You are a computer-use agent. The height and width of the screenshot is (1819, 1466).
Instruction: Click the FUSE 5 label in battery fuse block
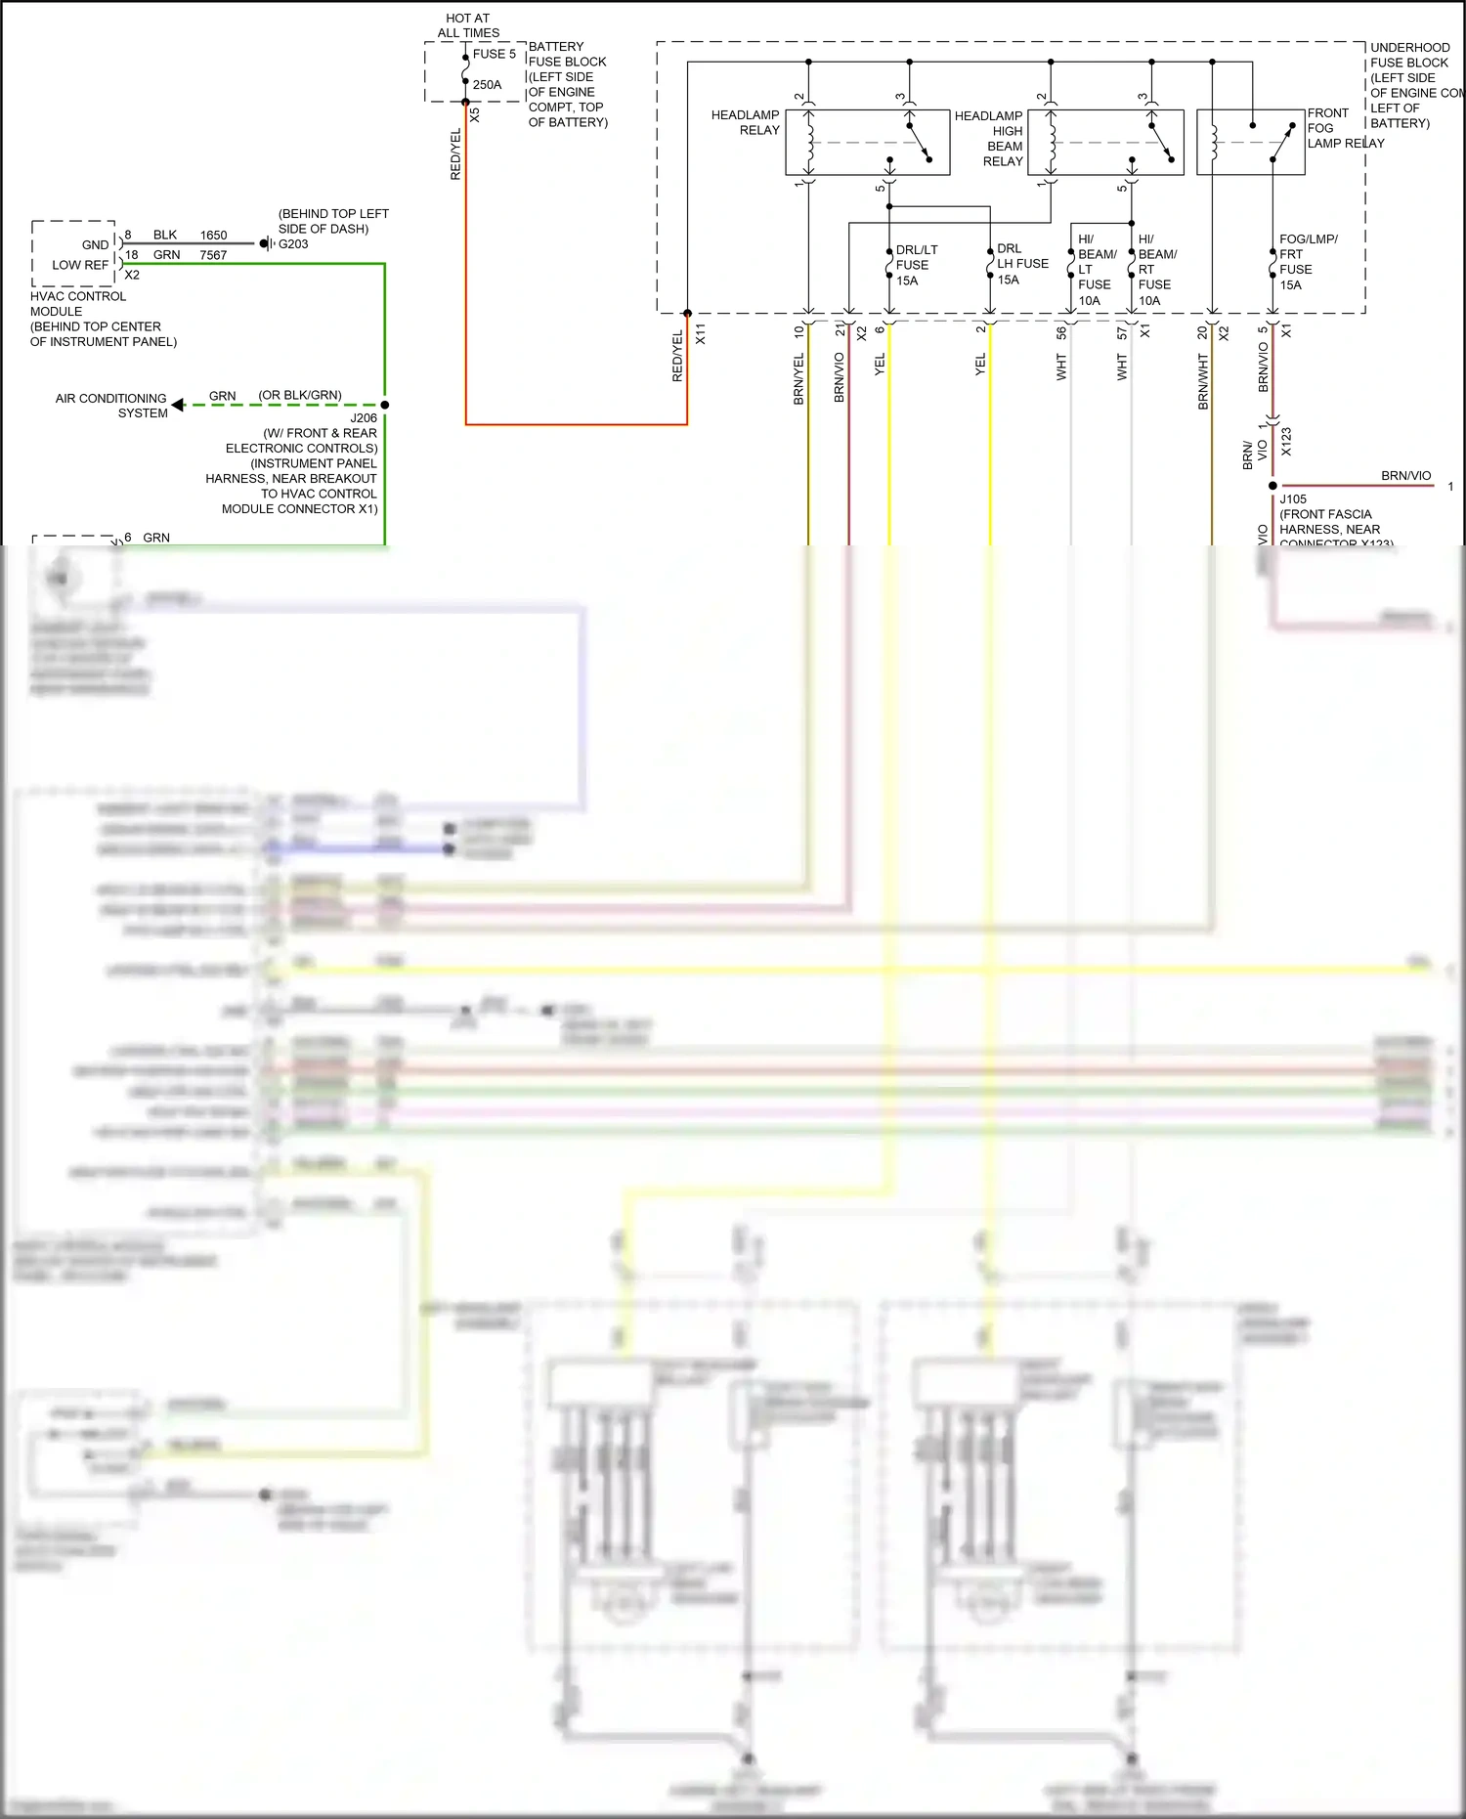494,54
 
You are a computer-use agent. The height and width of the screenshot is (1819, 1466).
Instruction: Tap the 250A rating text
487,85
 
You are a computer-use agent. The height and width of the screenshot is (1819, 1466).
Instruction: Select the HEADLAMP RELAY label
745,122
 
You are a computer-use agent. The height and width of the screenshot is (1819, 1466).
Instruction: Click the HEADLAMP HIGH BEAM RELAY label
989,138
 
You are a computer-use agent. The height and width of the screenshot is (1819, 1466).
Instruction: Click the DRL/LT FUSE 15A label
915,265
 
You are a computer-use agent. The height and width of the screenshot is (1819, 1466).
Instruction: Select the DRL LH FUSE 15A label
1020,264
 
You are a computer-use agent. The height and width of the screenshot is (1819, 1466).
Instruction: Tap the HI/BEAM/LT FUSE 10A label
1096,269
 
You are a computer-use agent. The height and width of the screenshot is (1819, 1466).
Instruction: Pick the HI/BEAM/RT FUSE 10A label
1156,269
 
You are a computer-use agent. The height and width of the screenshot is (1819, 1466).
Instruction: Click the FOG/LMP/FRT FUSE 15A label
1307,262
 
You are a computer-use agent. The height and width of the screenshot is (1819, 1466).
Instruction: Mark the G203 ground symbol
266,243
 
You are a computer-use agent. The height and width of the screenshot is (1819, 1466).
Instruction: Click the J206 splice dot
385,405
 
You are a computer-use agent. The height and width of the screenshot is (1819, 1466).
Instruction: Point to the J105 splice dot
1272,485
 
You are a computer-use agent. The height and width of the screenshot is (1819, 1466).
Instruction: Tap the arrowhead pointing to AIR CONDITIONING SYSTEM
178,405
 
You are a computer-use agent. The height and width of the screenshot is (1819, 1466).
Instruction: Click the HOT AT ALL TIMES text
468,25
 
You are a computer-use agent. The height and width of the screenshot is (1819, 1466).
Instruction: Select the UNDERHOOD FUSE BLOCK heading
1409,55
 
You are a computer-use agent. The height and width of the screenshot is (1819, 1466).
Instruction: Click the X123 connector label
1286,442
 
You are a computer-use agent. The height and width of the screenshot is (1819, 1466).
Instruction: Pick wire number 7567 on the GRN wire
213,255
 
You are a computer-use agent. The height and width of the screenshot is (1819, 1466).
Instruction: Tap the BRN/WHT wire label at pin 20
1203,381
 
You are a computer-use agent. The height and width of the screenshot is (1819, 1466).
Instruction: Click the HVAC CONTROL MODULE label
78,303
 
